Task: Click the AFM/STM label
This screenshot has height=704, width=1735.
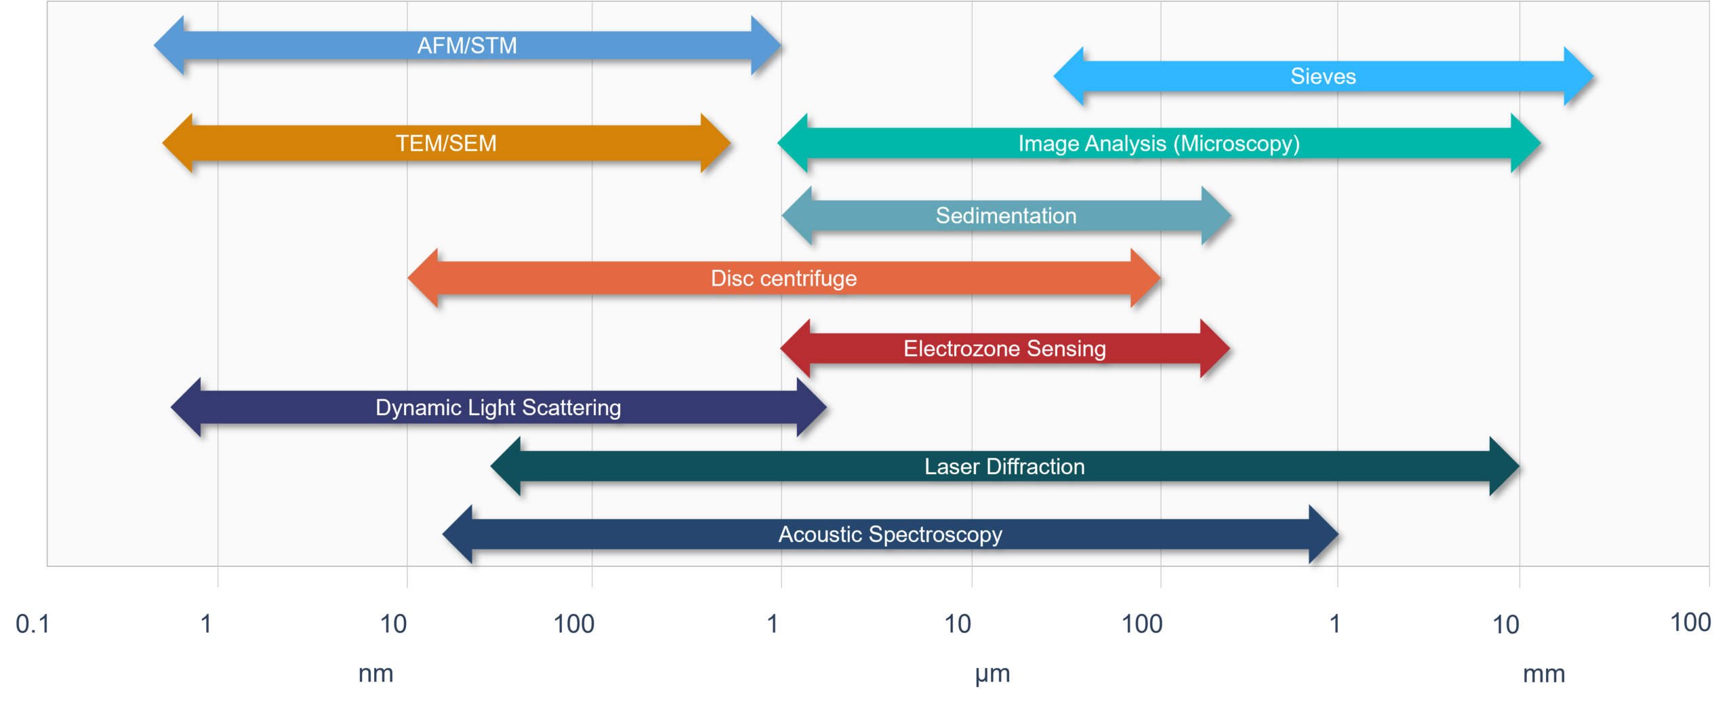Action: tap(467, 45)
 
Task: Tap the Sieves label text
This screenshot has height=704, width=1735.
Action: tap(1323, 76)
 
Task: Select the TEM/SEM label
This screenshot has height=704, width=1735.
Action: tap(446, 143)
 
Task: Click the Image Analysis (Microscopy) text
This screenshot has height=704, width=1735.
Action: tap(1159, 143)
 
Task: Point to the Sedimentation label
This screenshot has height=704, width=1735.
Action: tap(1006, 216)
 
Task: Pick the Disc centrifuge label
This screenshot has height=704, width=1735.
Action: tap(783, 278)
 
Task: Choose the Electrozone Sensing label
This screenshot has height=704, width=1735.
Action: tap(1004, 349)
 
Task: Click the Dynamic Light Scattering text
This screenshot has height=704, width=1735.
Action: tap(498, 408)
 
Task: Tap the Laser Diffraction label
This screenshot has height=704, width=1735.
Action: tap(1004, 467)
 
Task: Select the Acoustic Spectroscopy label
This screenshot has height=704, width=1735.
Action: tap(890, 534)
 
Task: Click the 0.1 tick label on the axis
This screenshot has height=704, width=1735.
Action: tap(33, 623)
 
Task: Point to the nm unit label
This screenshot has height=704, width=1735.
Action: tap(375, 673)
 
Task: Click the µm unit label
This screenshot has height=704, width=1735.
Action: tap(992, 673)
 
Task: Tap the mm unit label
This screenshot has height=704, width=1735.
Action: tap(1544, 674)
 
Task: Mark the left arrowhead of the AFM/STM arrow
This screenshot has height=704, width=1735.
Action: tap(169, 45)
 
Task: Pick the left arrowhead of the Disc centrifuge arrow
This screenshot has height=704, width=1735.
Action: tap(423, 278)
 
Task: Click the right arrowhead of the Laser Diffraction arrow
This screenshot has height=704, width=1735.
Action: tap(1504, 467)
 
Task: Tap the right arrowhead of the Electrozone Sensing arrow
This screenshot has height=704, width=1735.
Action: tap(1214, 349)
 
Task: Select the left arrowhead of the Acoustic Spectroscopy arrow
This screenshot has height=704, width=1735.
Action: tap(457, 534)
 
